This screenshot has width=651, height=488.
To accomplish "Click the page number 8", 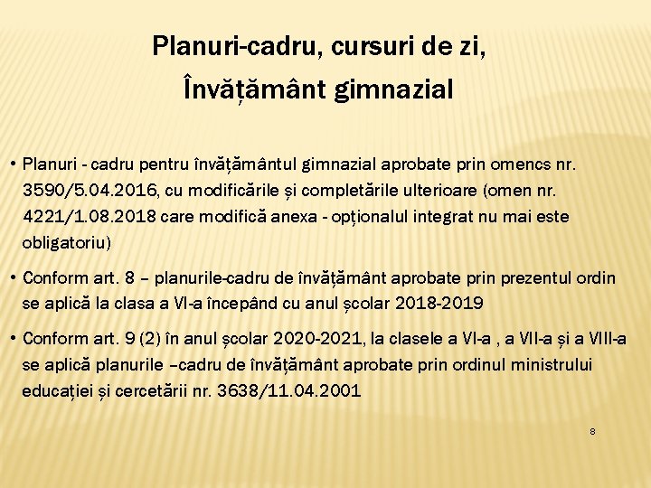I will (x=592, y=432).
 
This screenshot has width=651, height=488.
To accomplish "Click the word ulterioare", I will (x=435, y=192).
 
